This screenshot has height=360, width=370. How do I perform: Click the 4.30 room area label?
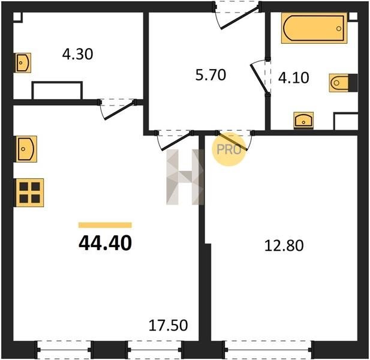coord(77,54)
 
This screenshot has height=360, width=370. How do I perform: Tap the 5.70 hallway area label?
coord(210,75)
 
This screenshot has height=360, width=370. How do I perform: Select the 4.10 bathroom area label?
coord(294,77)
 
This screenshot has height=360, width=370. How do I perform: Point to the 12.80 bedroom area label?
coord(284,245)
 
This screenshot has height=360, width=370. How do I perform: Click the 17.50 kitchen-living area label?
coord(168,325)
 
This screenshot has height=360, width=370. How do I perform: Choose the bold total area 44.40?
coord(105,243)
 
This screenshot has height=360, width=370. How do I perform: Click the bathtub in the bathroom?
coord(314,28)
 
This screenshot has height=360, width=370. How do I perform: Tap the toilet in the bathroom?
coord(344,83)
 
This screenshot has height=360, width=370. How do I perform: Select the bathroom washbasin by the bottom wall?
coord(303,120)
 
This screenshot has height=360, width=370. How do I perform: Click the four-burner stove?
coord(30,193)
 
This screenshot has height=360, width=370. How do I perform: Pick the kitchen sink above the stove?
coord(26,149)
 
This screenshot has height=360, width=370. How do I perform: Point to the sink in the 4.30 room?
coord(23,63)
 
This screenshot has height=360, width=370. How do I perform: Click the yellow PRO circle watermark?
coord(229,149)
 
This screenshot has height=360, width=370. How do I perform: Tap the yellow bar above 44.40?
coord(105,225)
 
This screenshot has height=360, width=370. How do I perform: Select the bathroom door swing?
coord(258,77)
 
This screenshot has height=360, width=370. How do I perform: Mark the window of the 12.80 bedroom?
coord(267,350)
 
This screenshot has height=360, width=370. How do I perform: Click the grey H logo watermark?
coord(185,177)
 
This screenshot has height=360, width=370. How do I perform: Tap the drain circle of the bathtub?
coord(339,29)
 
